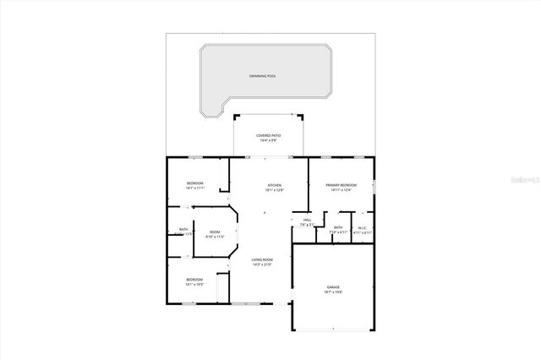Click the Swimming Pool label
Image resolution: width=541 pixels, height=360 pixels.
[x=263, y=76]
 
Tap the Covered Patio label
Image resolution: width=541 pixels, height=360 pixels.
[x=269, y=135]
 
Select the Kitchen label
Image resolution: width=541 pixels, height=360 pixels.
[x=275, y=185]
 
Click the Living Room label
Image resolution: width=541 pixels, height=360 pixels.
[x=262, y=259]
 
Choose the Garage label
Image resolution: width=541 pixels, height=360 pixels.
[x=333, y=287]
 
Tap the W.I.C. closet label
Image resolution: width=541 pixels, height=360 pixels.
[x=361, y=226]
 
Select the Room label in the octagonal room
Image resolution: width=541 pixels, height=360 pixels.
[x=215, y=232]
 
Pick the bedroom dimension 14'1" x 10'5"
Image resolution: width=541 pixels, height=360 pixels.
[x=194, y=285]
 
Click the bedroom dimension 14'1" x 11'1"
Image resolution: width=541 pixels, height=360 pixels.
[x=195, y=188]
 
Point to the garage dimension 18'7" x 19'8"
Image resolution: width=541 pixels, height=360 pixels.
[x=333, y=292]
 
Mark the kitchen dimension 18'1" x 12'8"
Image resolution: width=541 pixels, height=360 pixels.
[x=275, y=190]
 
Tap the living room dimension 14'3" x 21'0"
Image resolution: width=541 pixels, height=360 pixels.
[x=262, y=265]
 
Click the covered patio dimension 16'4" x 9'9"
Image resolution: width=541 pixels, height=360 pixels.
[x=269, y=140]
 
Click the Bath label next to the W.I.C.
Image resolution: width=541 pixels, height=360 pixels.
[x=338, y=226]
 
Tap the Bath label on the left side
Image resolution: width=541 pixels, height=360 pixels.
[x=183, y=229]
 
